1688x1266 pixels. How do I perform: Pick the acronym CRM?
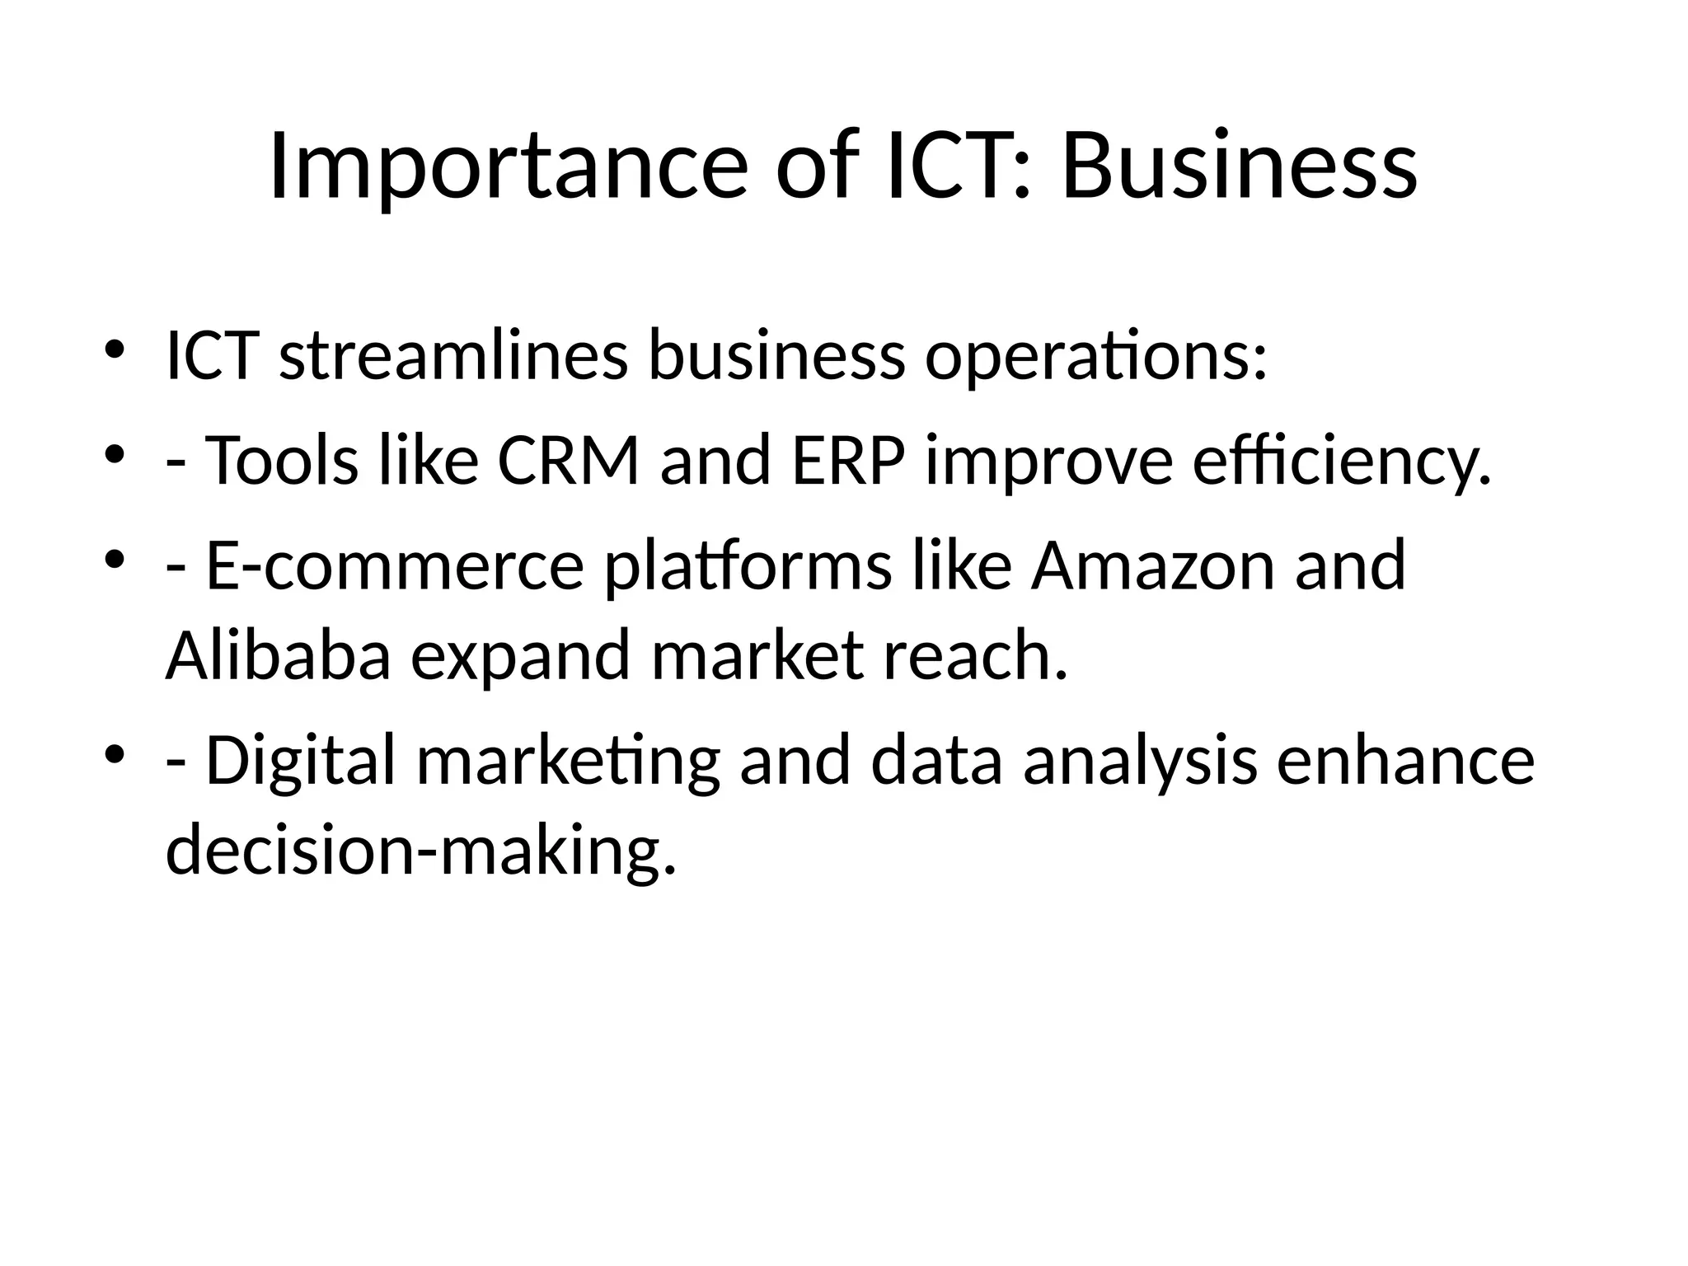(x=568, y=461)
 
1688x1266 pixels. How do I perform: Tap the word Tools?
(x=281, y=461)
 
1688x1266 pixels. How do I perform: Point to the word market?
(x=757, y=655)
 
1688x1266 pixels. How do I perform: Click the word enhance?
(x=1405, y=761)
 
